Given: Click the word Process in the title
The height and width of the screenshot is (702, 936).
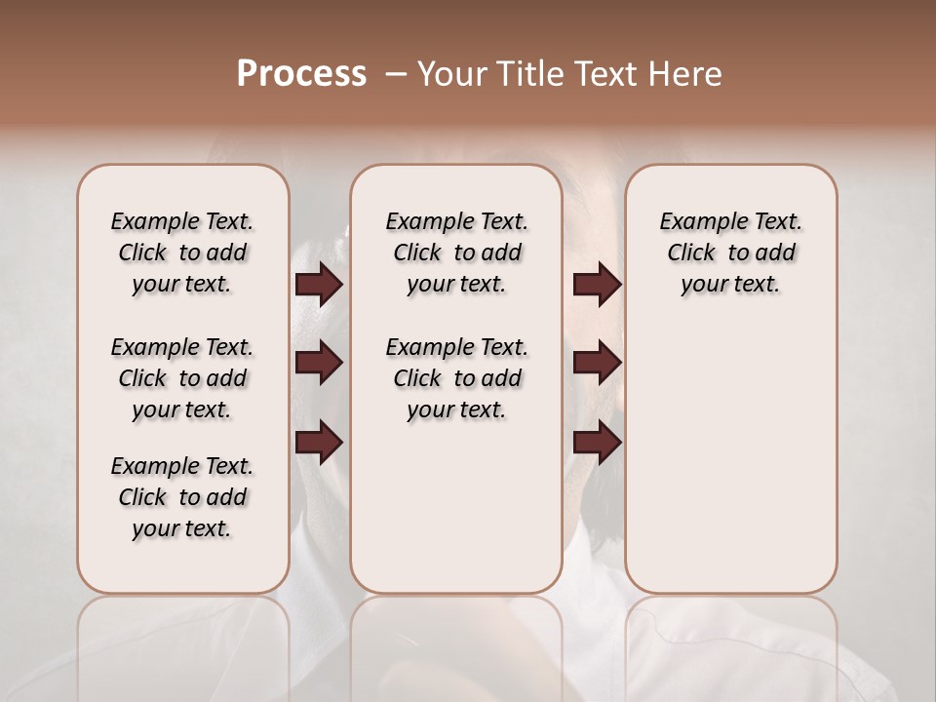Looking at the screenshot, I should tap(301, 74).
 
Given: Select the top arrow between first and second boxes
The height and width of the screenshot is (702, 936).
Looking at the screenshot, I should tap(319, 285).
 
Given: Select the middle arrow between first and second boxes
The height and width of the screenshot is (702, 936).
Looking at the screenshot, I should tap(319, 364).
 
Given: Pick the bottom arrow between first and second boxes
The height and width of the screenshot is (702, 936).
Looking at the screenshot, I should tap(319, 443).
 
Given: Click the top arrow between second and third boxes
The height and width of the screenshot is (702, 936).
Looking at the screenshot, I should tap(597, 285).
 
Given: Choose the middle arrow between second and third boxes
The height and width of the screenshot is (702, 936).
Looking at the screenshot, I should tap(597, 364).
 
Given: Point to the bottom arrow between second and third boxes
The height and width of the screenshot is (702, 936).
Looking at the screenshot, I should tap(597, 443).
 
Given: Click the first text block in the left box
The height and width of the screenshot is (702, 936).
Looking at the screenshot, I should tap(182, 253).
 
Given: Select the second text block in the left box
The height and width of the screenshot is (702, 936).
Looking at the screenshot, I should tap(182, 378).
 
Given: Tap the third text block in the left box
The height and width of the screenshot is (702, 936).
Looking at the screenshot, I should tap(182, 497).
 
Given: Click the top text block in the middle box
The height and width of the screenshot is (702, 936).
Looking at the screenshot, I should tap(456, 253).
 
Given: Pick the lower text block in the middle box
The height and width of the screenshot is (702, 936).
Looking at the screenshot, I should tap(456, 378).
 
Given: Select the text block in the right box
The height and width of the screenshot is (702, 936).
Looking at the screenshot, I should tap(730, 253).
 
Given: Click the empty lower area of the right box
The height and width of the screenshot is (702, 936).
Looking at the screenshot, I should tap(730, 448).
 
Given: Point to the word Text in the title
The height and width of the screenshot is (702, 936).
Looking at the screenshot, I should tap(604, 74).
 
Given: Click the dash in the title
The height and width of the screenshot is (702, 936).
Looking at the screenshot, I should tap(396, 74).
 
